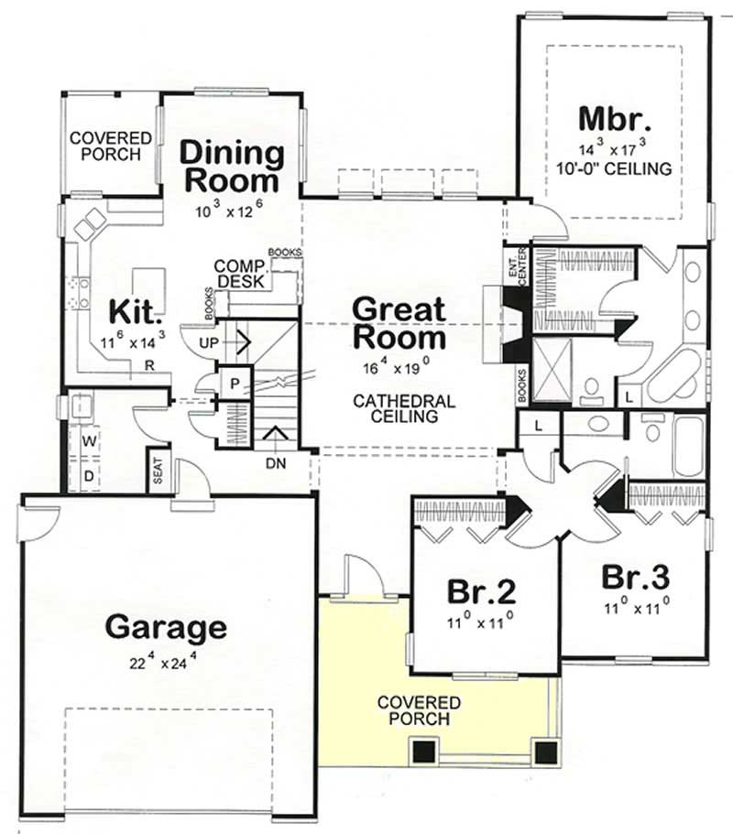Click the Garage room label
[x=165, y=627]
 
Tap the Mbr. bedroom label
[x=614, y=120]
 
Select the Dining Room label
[x=230, y=166]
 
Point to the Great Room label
[x=400, y=323]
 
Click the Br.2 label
[x=479, y=591]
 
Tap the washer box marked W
[x=89, y=442]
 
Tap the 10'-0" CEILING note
[x=614, y=168]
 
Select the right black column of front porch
[x=546, y=752]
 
